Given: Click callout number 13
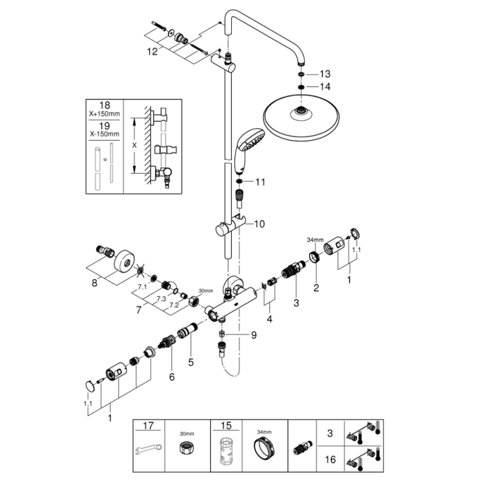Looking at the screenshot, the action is click(325, 74).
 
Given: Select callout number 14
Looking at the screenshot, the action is click(325, 86).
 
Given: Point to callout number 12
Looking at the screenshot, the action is click(152, 51).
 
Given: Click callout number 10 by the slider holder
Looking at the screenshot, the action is click(260, 224).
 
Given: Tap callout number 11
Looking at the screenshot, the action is click(260, 182).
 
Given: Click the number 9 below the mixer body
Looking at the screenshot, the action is click(254, 335).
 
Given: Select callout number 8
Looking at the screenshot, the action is click(94, 283).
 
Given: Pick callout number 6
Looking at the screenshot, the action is click(172, 376).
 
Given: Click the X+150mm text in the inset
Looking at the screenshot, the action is click(104, 114).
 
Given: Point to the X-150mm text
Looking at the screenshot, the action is click(104, 134).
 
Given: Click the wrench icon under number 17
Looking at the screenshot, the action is click(149, 449).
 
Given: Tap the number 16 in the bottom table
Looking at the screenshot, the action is click(330, 459).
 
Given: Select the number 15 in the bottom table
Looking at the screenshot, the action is click(226, 426).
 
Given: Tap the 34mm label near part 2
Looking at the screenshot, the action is click(315, 240).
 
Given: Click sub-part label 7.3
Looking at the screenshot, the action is click(161, 299).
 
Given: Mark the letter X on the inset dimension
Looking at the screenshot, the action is click(134, 145).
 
